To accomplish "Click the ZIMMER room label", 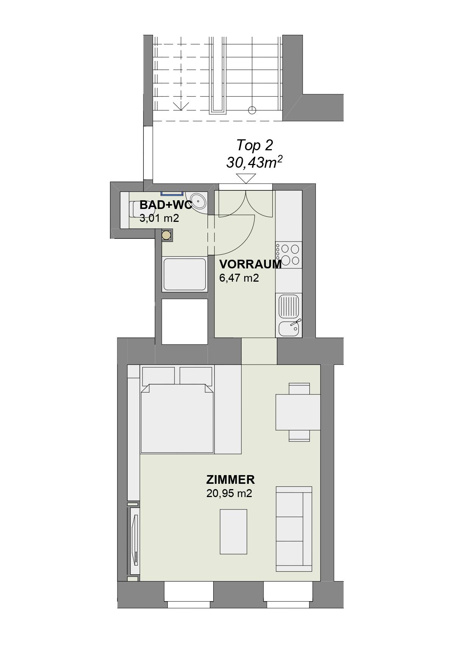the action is (x=230, y=480).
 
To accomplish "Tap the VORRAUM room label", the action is (x=250, y=264).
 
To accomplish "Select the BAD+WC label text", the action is (x=166, y=205).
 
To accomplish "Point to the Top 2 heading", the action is (x=255, y=145).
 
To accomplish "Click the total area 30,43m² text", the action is (x=255, y=162).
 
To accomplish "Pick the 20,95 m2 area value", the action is (x=229, y=493).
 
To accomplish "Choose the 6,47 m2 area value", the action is (x=239, y=278).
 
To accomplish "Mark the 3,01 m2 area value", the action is (x=159, y=218).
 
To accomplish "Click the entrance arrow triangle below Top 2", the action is (x=246, y=179).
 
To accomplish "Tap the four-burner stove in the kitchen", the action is (x=289, y=255).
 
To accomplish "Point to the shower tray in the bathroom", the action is (x=184, y=274).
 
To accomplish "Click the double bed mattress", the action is (x=177, y=418).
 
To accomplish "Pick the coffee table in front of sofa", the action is (x=234, y=532).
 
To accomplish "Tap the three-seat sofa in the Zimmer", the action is (x=294, y=529).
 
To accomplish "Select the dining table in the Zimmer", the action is (x=298, y=412).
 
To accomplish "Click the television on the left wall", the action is (x=135, y=541).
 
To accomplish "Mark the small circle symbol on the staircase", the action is (x=252, y=110).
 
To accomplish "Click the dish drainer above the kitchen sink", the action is (x=289, y=306).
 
